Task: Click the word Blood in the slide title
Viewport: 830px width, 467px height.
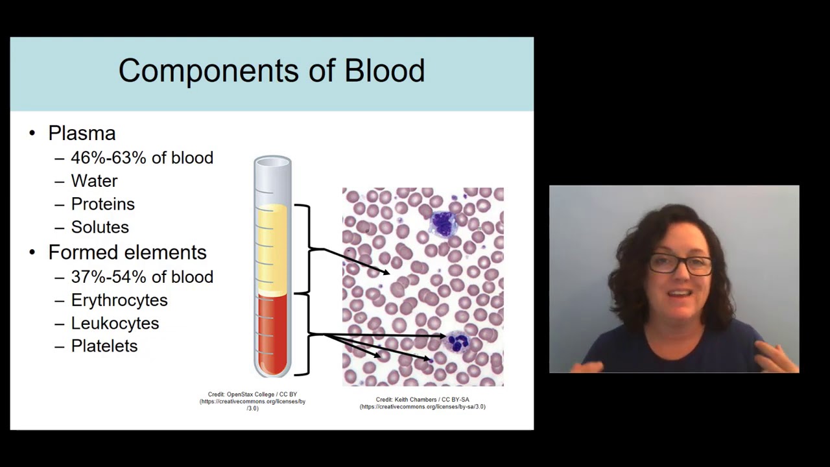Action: pos(385,71)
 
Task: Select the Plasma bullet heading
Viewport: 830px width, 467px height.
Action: pos(82,133)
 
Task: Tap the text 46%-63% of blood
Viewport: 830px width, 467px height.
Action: pos(142,158)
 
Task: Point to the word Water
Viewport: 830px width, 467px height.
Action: pos(94,181)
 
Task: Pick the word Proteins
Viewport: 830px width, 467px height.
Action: pos(102,204)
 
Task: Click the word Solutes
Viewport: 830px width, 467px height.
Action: pos(100,227)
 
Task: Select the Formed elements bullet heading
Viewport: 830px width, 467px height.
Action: pos(127,252)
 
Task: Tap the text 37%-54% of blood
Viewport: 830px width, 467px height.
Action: pos(142,277)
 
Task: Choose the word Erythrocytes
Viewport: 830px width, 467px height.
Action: pos(119,300)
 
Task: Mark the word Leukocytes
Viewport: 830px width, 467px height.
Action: pos(115,323)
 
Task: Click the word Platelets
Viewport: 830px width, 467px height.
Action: pos(104,346)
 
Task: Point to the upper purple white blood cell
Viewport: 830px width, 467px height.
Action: pos(444,222)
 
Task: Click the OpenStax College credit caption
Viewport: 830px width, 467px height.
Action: pos(252,401)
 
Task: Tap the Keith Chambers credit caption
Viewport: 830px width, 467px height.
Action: pos(422,403)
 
